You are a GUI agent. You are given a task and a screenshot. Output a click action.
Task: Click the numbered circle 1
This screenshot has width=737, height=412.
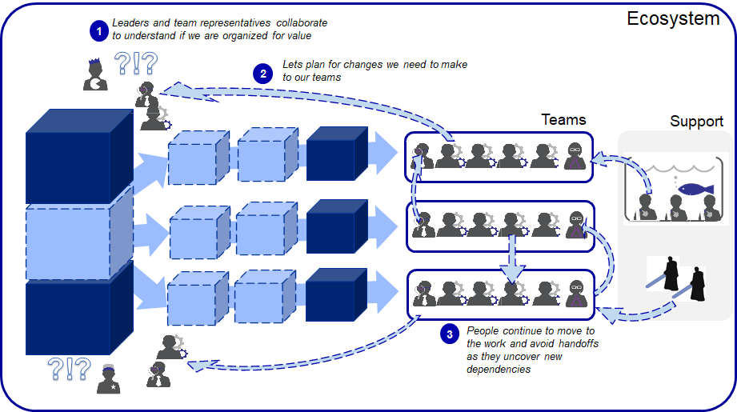[x=98, y=30]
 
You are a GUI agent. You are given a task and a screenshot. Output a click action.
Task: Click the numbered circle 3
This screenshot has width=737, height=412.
[x=451, y=334]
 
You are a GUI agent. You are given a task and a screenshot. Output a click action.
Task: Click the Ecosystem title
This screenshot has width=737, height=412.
[x=672, y=18]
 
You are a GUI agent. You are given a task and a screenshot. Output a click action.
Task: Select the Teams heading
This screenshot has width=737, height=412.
[x=563, y=119]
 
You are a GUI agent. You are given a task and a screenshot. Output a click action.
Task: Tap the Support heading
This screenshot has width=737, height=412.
[x=696, y=122]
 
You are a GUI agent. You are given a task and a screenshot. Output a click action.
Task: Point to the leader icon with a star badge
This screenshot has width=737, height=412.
[x=109, y=378]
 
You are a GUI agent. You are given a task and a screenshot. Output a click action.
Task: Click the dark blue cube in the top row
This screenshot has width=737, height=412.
[x=334, y=150]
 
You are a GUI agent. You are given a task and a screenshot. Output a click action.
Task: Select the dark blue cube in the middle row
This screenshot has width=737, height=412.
[x=334, y=224]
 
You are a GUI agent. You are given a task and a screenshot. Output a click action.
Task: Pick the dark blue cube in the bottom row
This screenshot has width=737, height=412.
[x=334, y=293]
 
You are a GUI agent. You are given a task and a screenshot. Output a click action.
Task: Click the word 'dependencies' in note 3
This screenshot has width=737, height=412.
[x=499, y=369]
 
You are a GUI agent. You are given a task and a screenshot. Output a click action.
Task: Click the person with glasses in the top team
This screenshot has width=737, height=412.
[x=575, y=154]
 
